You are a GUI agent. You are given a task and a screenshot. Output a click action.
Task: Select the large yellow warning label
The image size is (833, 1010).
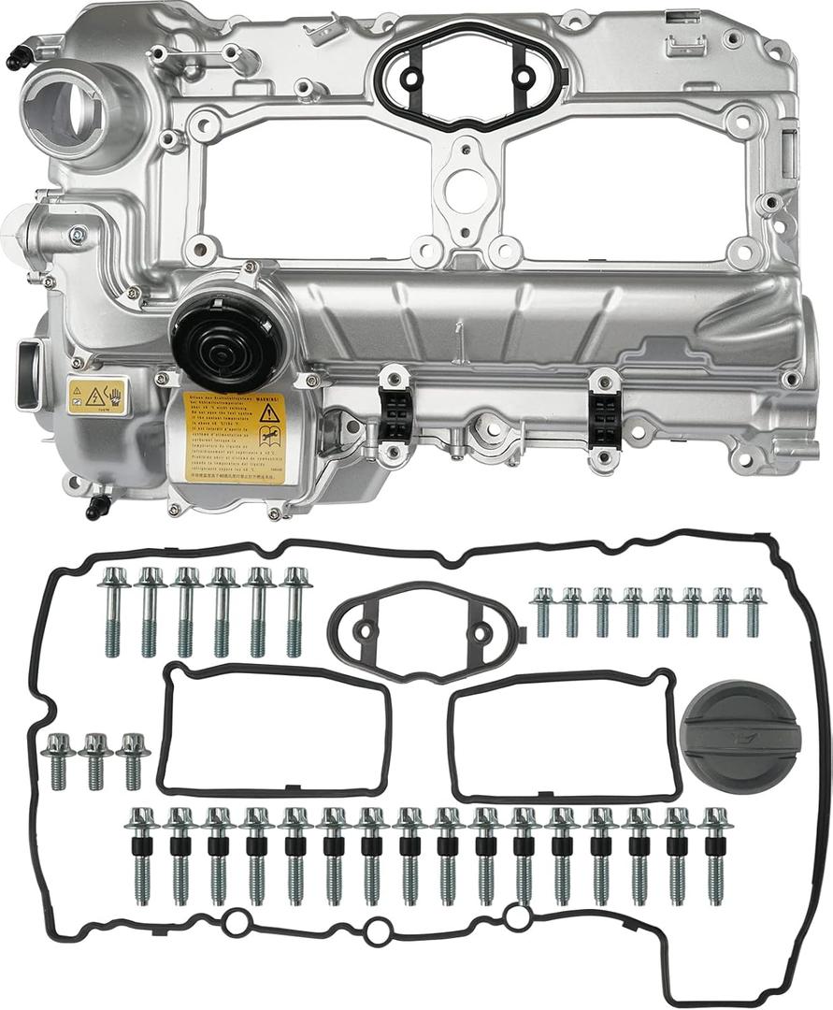tap(233, 437)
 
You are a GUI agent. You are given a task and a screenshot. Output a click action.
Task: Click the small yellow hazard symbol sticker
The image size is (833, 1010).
tap(96, 396)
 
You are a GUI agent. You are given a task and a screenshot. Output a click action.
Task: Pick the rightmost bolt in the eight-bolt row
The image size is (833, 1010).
tap(752, 612)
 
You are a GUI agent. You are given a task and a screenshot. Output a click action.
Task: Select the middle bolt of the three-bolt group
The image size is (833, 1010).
tap(94, 759)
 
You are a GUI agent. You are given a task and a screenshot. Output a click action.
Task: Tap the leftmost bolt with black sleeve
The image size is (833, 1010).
tap(142, 854)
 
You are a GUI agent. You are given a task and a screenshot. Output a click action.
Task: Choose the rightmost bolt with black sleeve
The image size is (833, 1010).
tap(715, 854)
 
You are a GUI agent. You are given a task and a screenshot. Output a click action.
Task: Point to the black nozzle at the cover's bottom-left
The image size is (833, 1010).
tap(93, 510)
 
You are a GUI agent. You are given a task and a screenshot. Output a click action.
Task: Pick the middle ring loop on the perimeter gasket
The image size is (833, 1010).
tap(376, 931)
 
